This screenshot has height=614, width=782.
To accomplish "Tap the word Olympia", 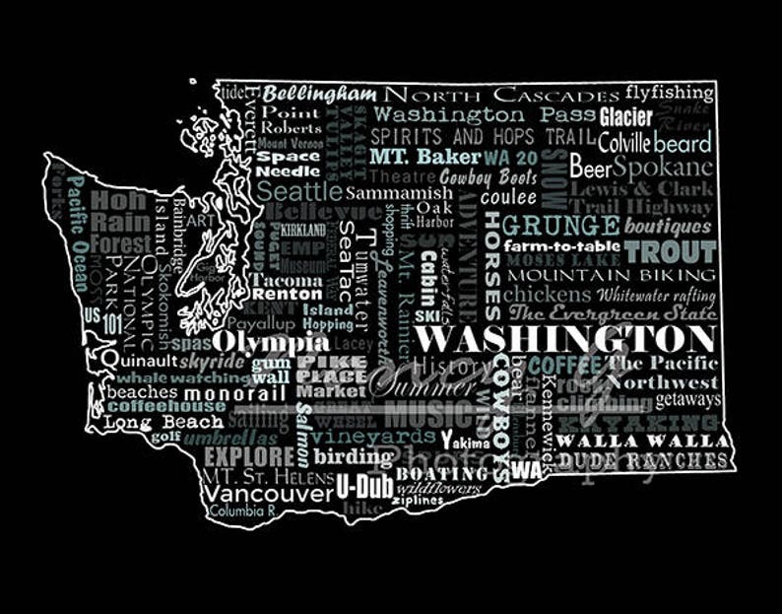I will [x=271, y=343].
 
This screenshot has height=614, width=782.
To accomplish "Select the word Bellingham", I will [x=319, y=95].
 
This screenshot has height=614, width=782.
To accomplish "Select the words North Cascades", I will [x=501, y=96].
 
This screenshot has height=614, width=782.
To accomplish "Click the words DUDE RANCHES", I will [x=643, y=460].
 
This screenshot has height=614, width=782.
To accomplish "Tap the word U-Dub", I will [x=358, y=486].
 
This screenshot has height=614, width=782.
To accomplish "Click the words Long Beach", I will [x=150, y=423].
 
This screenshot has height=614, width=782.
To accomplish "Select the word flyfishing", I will [x=669, y=94].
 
